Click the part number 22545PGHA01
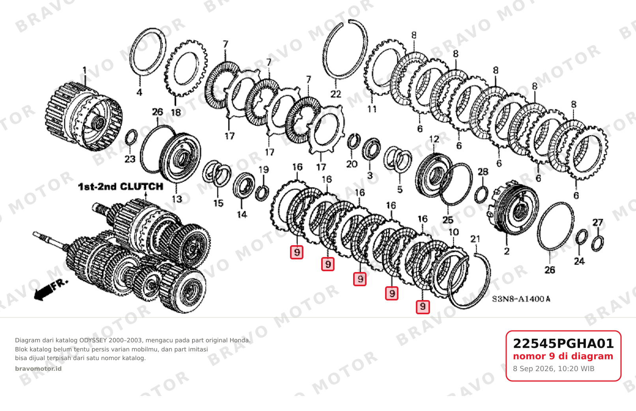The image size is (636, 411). point(563,343)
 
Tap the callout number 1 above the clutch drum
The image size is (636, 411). point(84,70)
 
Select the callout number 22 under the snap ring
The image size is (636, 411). point(336,94)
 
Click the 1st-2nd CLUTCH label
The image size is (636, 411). point(121,187)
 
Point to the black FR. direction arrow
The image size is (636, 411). point(51,290)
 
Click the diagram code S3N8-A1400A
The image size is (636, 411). point(521,299)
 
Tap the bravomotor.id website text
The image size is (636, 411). point(38,369)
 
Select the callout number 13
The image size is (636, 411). point(177,199)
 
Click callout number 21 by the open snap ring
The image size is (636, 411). point(475,239)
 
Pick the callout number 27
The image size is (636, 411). point(598,222)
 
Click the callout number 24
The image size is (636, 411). point(580,261)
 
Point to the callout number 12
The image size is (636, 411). point(434,139)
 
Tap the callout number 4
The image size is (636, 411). point(139,92)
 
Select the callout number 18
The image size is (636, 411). point(176,113)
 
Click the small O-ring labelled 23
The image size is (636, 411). point(131,137)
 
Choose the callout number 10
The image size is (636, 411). point(454,232)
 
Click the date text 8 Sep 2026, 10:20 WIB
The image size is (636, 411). point(554,369)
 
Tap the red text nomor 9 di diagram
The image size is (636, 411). point(563,357)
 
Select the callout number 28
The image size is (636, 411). point(483,172)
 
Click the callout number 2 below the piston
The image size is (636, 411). point(507,251)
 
